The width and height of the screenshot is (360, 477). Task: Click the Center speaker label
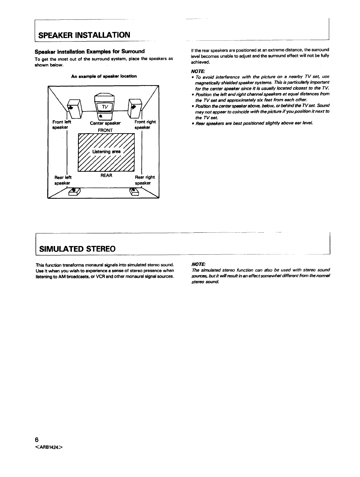click(x=105, y=123)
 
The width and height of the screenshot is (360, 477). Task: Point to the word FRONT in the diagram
click(x=105, y=130)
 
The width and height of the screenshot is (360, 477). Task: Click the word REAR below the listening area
click(x=106, y=176)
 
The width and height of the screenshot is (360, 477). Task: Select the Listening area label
click(x=106, y=152)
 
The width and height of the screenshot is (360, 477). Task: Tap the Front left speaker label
click(x=61, y=125)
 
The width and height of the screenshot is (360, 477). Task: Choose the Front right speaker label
click(x=145, y=125)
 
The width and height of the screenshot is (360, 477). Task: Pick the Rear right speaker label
click(x=145, y=180)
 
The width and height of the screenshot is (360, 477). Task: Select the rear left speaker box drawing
click(x=74, y=192)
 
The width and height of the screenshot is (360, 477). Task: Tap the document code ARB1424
click(x=49, y=447)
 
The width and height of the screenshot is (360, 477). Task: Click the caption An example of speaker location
click(x=104, y=76)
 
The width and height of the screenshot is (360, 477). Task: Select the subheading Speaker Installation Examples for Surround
click(x=90, y=52)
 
